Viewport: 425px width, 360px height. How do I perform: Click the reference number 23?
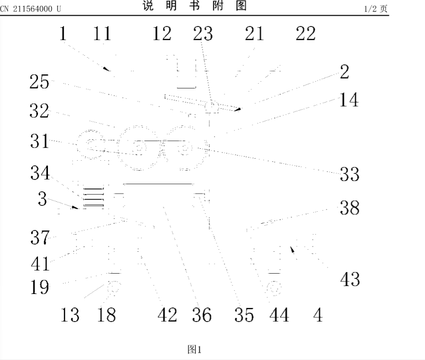(x=203, y=34)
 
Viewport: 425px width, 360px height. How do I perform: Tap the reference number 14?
(x=348, y=100)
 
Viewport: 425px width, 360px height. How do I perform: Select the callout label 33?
(x=349, y=174)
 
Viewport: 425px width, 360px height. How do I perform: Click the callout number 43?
(x=349, y=279)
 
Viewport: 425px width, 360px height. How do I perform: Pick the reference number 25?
(x=40, y=82)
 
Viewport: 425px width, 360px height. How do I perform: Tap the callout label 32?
(x=40, y=111)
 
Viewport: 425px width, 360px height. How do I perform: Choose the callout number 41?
(x=40, y=263)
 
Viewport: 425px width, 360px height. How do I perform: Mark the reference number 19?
(x=40, y=287)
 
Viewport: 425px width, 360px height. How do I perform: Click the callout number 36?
(x=201, y=315)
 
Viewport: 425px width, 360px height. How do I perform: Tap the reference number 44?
(x=279, y=315)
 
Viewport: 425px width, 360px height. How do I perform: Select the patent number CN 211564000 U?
(x=31, y=7)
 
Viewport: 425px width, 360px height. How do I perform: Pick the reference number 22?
(x=306, y=34)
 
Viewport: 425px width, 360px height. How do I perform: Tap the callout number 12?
(x=161, y=34)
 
